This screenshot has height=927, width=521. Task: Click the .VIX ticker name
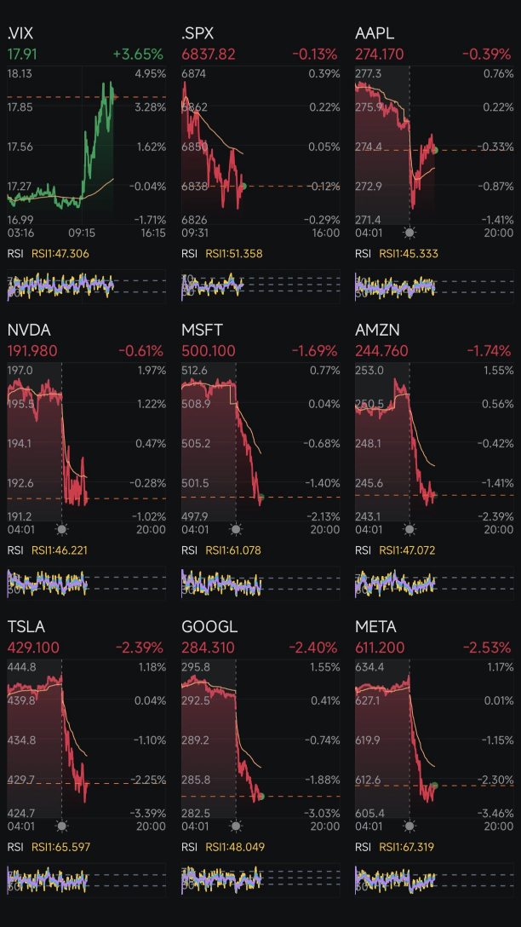pos(20,34)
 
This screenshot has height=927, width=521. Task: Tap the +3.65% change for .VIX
pos(137,55)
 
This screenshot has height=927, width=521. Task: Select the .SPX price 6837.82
pos(209,55)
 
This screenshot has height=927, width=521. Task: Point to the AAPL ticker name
pos(375,34)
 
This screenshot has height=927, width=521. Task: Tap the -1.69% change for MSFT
pos(314,351)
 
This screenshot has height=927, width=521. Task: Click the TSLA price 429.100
pos(33,648)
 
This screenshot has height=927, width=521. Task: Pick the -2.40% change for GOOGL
pos(314,648)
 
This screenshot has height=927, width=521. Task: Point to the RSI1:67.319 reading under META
pos(407,847)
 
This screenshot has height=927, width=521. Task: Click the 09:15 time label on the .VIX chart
pos(82,232)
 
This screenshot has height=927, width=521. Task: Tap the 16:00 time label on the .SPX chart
pos(325,232)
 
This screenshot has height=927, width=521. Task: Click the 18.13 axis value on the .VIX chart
pos(20,74)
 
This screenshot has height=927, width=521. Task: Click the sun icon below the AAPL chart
pos(409,232)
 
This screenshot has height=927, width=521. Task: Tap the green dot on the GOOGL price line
pos(260,796)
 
